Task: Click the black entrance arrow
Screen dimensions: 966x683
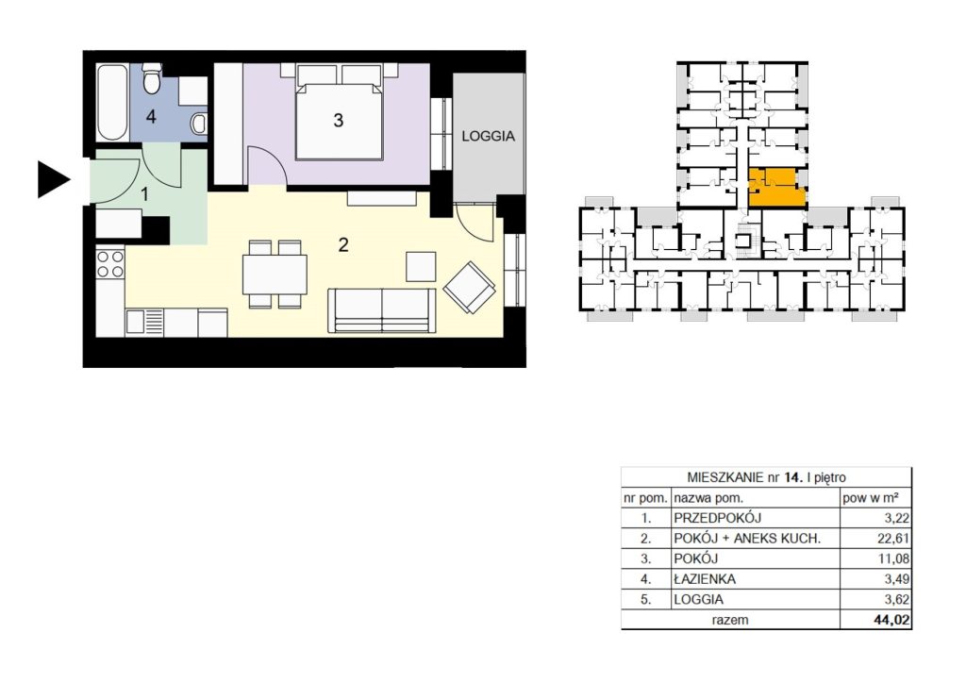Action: [x=53, y=179]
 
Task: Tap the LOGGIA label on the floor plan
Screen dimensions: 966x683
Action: [x=488, y=136]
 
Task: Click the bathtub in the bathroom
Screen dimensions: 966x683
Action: [x=112, y=102]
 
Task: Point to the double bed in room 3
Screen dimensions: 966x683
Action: [x=339, y=111]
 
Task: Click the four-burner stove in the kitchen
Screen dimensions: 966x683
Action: [x=110, y=264]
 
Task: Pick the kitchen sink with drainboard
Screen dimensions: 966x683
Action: [x=144, y=322]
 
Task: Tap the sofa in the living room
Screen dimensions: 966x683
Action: [x=382, y=310]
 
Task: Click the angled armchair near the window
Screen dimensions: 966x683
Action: [x=470, y=288]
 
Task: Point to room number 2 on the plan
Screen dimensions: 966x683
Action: [x=343, y=245]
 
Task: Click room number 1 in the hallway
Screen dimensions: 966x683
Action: [x=144, y=194]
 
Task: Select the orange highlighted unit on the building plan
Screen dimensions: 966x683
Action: [x=776, y=187]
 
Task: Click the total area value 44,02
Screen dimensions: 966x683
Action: [x=891, y=620]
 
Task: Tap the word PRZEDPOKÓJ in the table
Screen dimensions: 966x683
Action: [x=718, y=518]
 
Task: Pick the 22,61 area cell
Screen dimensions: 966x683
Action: [x=893, y=539]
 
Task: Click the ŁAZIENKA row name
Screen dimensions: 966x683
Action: [x=705, y=579]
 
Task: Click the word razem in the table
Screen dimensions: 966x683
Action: [x=730, y=620]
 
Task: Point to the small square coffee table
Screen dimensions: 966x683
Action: [x=421, y=267]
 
